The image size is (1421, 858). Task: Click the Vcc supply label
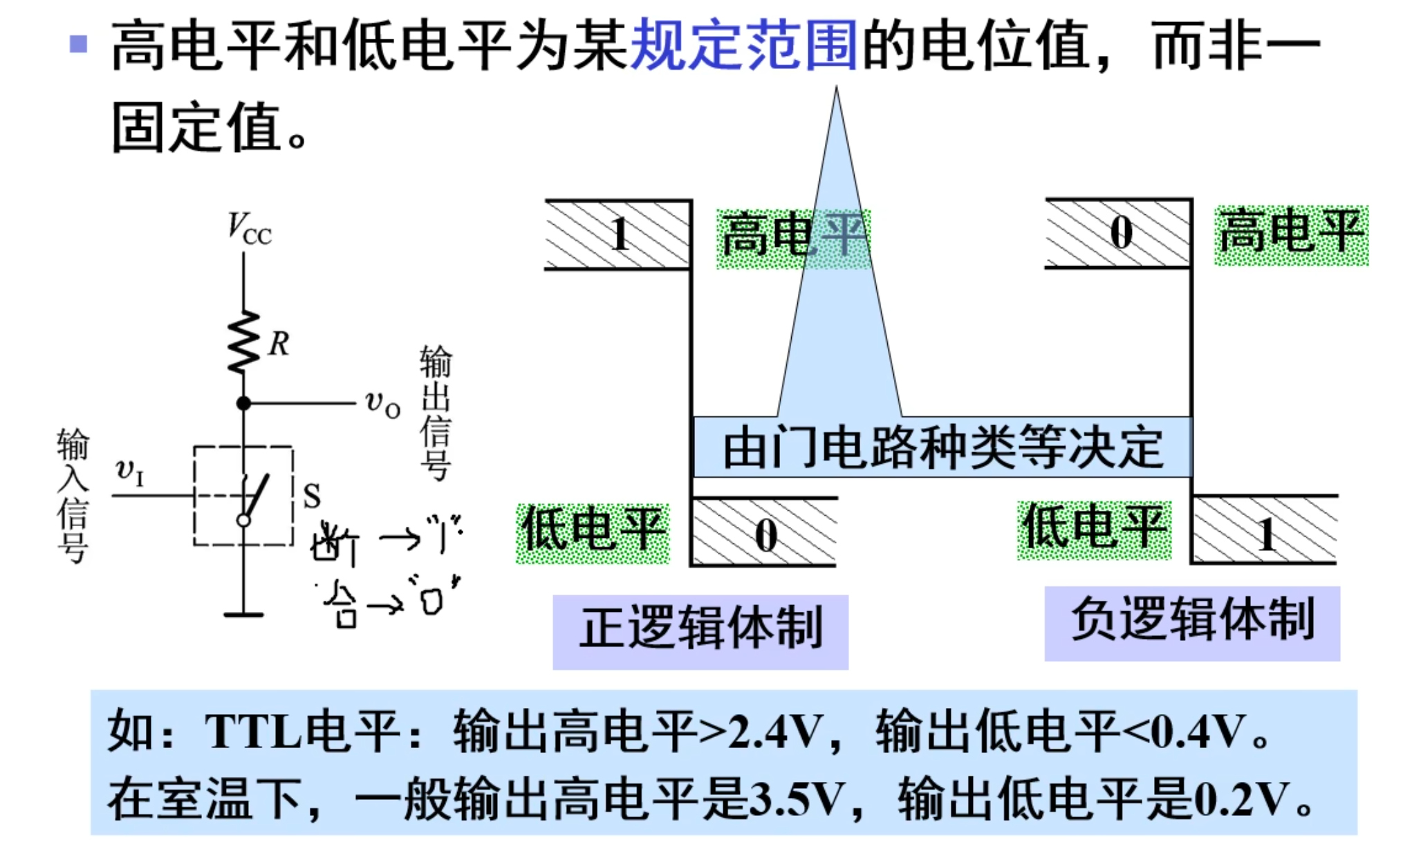pyautogui.click(x=250, y=229)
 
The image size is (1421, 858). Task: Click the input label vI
pyautogui.click(x=129, y=472)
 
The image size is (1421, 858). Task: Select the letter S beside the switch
pyautogui.click(x=312, y=495)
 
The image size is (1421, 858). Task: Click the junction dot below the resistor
pyautogui.click(x=243, y=403)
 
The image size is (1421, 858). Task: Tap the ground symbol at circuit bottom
pyautogui.click(x=243, y=613)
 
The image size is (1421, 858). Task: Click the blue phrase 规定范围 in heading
pyautogui.click(x=743, y=46)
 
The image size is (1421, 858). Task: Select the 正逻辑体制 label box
pyautogui.click(x=700, y=631)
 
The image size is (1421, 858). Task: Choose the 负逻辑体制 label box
pyautogui.click(x=1192, y=622)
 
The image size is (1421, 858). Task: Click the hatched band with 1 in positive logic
pyautogui.click(x=617, y=234)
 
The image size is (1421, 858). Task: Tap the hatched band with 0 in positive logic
pyautogui.click(x=765, y=532)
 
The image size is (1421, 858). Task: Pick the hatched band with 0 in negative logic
pyautogui.click(x=1119, y=233)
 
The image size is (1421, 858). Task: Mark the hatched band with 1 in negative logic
pyautogui.click(x=1265, y=531)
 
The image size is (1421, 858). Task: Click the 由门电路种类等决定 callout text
pyautogui.click(x=942, y=447)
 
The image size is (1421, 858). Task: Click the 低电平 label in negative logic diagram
pyautogui.click(x=1094, y=530)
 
